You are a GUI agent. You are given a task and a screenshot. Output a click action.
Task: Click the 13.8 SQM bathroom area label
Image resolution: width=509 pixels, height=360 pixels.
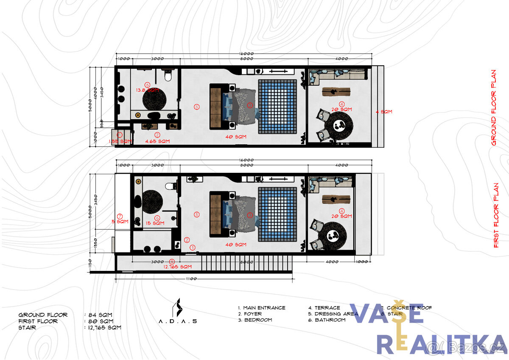tap(147, 90)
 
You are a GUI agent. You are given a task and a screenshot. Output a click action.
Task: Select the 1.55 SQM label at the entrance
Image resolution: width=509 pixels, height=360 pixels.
tap(120, 141)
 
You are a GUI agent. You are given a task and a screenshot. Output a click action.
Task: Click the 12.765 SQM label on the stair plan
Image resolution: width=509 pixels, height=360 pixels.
tap(178, 267)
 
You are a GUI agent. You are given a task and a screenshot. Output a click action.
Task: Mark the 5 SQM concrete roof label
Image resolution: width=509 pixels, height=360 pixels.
tap(120, 221)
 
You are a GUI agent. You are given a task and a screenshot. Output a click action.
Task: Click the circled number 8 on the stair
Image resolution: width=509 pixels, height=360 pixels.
tap(171, 262)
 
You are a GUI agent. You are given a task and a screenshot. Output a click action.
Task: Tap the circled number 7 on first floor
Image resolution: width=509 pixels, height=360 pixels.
tap(120, 216)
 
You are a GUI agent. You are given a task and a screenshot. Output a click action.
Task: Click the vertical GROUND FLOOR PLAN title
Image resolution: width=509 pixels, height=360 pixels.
tap(493, 108)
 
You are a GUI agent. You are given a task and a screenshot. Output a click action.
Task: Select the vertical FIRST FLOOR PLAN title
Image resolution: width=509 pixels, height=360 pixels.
tap(496, 215)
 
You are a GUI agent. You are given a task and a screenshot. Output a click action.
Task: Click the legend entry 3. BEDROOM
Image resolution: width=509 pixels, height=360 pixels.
tap(255, 320)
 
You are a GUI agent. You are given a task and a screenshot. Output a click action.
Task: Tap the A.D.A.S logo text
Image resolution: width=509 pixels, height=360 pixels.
tap(177, 321)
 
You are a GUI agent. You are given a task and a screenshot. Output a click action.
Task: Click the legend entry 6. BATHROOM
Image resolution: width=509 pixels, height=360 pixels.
tap(327, 320)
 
